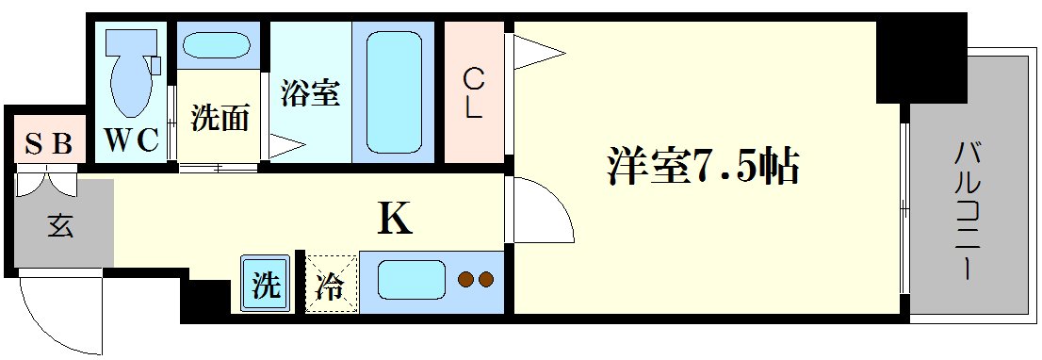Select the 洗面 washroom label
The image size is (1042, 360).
coord(220,119)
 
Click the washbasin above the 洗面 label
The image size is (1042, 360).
coord(215,46)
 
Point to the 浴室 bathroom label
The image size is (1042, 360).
coord(309,92)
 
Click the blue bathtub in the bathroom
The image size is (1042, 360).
coord(394,92)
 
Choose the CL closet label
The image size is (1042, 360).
coord(472,92)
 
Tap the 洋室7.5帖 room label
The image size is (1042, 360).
coord(702,168)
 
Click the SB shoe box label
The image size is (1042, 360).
coord(48,144)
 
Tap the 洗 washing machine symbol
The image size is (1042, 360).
coord(266,284)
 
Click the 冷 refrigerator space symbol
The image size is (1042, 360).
coord(331,284)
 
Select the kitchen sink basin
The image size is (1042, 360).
coord(411,279)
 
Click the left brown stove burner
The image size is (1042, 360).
coord(465,279)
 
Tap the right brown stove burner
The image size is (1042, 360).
coord(485,279)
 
